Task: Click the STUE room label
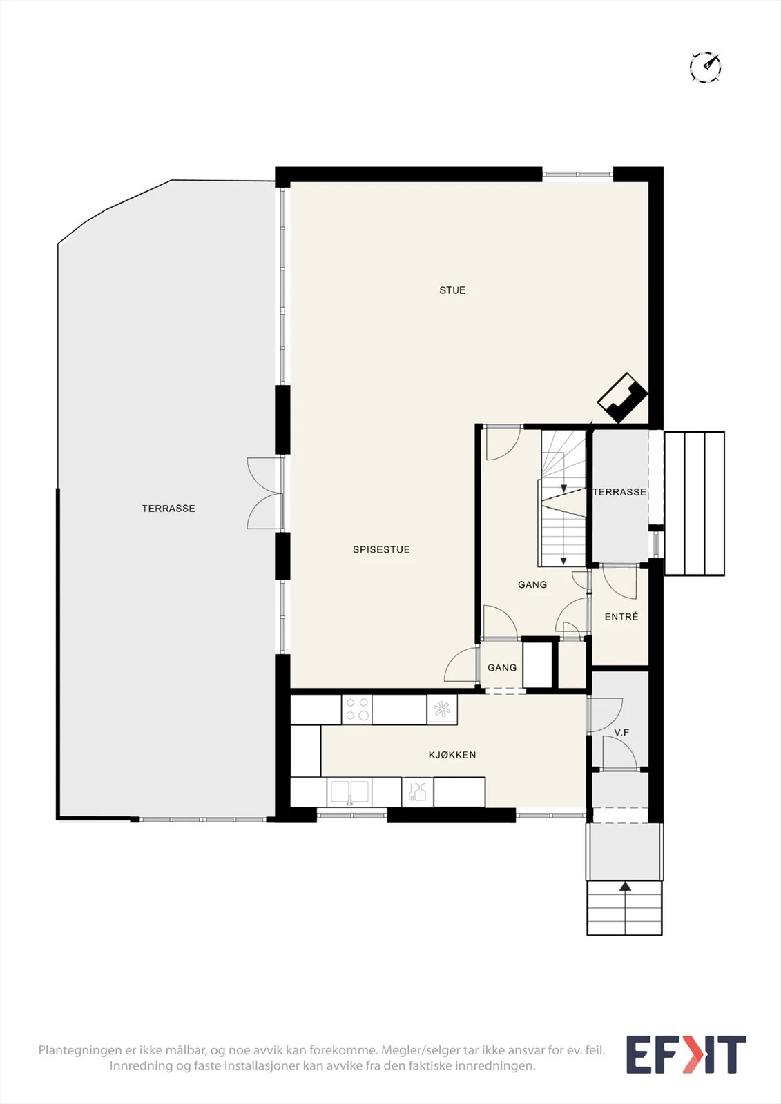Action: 452,290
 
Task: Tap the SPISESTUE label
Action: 381,549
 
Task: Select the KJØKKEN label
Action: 452,755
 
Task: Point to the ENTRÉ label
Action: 621,616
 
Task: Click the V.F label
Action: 621,732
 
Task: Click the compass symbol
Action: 706,66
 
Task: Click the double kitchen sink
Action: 349,792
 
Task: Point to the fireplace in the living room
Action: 623,397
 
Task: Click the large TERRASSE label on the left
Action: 168,508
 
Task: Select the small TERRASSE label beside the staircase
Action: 619,492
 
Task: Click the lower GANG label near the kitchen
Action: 502,667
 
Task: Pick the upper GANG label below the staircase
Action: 532,584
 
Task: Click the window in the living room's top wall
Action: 578,174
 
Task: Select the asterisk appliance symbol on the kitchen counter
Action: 442,709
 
